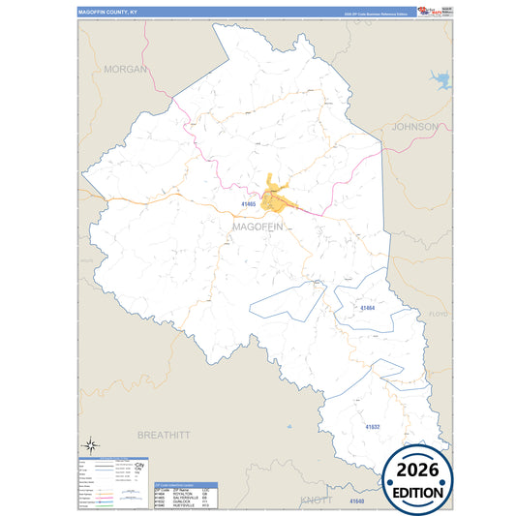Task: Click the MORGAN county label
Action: point(125,70)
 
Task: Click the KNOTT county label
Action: point(317,500)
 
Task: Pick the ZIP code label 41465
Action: point(249,204)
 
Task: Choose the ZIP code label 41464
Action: point(367,308)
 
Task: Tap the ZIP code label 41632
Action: point(373,426)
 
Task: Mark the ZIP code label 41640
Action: point(356,501)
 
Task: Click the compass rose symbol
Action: point(89,444)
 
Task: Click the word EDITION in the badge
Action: point(416,493)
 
